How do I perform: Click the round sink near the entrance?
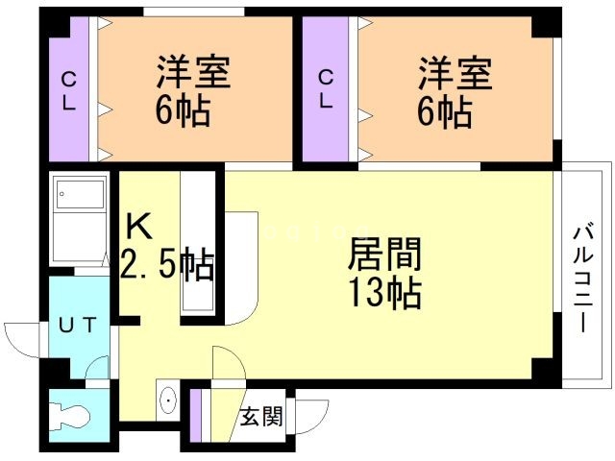(x=168, y=400)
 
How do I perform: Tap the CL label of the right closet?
(x=327, y=89)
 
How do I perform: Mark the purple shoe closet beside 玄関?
(x=196, y=416)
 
